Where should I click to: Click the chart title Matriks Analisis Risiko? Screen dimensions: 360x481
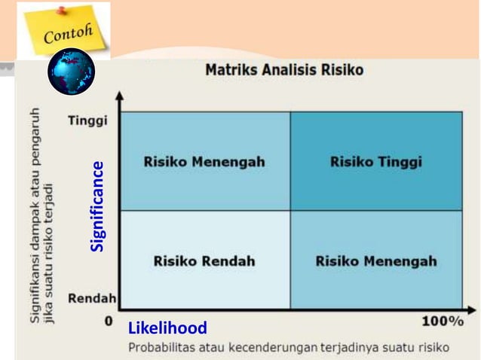(284, 70)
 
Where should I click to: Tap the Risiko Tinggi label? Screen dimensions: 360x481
(375, 162)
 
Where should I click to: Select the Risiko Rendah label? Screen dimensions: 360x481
(204, 261)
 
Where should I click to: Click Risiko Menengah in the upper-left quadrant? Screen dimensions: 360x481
(204, 162)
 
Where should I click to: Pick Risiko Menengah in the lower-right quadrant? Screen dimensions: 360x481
(375, 261)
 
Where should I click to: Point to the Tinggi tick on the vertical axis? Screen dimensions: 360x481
(88, 121)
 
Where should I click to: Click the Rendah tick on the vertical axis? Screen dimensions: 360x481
(92, 299)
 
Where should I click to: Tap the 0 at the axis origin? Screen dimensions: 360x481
(109, 322)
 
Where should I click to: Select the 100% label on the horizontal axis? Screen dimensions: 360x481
(442, 322)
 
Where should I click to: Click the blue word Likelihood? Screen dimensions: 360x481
(167, 328)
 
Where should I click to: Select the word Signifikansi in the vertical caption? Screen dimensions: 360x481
(36, 287)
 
